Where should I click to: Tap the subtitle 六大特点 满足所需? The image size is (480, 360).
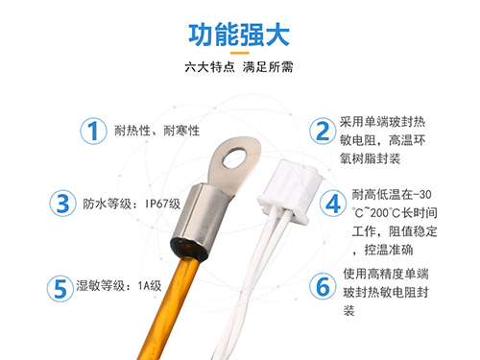(239, 70)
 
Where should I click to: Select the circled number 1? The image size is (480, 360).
(92, 132)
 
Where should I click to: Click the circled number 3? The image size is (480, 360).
(64, 204)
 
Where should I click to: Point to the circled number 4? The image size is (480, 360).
(333, 204)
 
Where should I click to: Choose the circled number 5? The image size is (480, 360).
(64, 286)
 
